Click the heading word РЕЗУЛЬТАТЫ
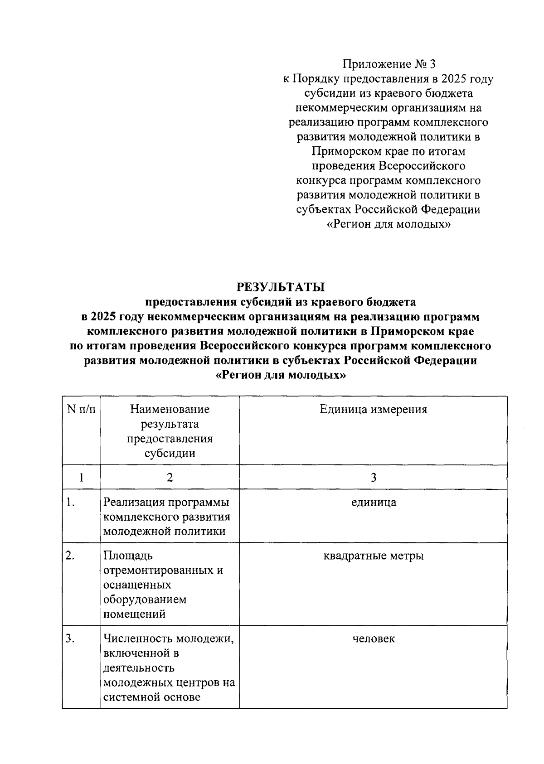click(281, 287)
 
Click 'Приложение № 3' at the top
click(389, 64)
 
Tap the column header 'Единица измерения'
click(373, 410)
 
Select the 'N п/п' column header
click(81, 410)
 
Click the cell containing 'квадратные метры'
click(373, 556)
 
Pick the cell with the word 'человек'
click(373, 639)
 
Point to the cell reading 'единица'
click(373, 502)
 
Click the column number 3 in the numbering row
click(373, 477)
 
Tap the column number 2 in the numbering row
click(170, 477)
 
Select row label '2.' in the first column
click(70, 556)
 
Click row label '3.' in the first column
click(70, 639)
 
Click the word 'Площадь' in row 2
click(128, 556)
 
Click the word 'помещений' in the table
click(134, 614)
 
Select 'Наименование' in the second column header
click(170, 410)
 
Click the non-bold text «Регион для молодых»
click(389, 224)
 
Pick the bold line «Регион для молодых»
click(281, 376)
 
